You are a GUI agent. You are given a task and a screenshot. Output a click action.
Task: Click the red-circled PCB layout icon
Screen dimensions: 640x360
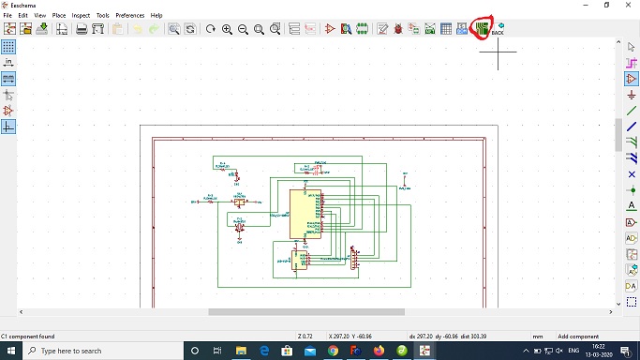coord(482,28)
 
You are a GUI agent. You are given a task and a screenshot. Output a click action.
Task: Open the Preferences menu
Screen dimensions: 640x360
coord(130,16)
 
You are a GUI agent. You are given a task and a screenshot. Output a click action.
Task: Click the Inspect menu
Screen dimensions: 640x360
coord(82,16)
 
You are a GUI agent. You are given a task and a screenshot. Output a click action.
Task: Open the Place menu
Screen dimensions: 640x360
coord(59,16)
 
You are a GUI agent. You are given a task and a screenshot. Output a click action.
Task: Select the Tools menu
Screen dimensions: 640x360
coord(103,16)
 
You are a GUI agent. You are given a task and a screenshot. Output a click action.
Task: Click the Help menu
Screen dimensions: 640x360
coord(156,16)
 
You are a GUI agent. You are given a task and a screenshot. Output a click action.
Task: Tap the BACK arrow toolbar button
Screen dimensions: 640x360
coord(499,27)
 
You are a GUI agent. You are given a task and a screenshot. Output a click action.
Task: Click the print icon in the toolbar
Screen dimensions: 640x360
coord(82,29)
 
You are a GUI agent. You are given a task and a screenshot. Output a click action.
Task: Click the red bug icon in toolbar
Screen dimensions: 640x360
coord(398,29)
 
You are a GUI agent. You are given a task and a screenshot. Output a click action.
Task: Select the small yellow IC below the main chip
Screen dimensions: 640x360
coord(300,260)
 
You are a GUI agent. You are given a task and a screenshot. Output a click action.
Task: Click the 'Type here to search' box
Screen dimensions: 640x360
coord(94,351)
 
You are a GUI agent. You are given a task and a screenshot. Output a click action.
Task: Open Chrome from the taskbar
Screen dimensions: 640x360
coord(334,350)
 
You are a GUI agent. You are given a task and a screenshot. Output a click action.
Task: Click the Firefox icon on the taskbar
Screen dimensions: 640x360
coord(379,350)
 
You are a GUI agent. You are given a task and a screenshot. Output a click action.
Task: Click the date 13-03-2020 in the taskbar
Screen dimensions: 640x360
coord(598,354)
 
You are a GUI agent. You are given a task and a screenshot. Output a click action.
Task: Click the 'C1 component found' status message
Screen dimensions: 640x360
coord(28,336)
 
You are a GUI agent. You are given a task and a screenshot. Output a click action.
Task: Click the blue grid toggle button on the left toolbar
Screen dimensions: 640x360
coord(8,46)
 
